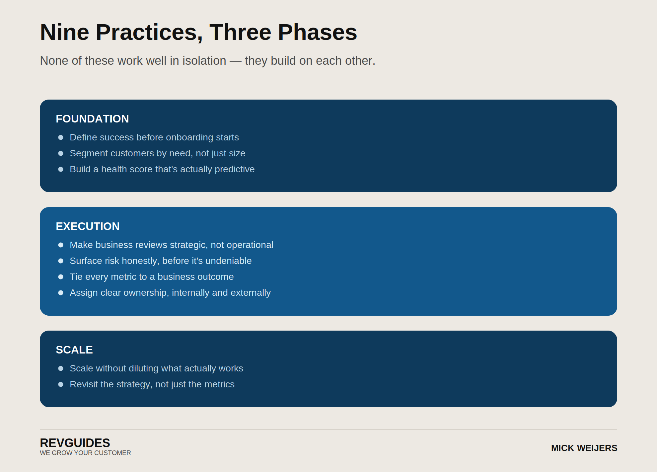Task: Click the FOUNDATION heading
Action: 92,119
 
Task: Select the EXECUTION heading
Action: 88,226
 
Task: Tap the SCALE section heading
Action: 74,350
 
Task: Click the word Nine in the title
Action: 65,32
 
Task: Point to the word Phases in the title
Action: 318,32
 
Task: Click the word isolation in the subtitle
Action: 204,61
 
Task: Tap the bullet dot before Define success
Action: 61,137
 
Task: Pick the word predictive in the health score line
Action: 235,169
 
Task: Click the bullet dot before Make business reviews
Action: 61,245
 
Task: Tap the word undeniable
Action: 229,261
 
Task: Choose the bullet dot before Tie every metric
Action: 61,277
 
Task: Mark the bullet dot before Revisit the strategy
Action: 61,384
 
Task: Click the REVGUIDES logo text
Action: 75,443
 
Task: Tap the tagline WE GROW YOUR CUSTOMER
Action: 85,453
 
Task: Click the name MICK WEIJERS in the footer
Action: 584,448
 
